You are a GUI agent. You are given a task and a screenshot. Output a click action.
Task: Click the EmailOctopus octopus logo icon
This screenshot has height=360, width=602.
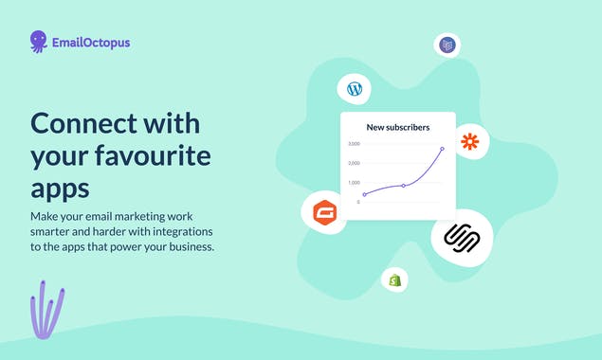click(x=39, y=41)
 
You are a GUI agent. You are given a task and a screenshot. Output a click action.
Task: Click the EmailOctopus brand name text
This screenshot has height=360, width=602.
click(x=91, y=42)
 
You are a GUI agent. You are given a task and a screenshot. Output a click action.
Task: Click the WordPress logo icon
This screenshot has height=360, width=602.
click(x=355, y=89)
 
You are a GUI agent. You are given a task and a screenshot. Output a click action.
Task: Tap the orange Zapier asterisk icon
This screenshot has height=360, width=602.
click(x=469, y=142)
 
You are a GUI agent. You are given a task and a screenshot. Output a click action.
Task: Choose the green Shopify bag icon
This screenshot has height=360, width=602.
click(x=394, y=279)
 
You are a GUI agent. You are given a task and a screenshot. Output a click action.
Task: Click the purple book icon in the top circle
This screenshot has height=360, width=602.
click(x=447, y=45)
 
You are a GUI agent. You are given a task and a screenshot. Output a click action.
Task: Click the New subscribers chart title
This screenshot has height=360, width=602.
click(x=398, y=127)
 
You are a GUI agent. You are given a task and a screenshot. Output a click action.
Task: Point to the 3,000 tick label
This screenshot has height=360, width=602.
click(x=354, y=144)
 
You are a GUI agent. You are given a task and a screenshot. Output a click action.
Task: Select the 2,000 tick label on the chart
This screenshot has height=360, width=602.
click(x=354, y=163)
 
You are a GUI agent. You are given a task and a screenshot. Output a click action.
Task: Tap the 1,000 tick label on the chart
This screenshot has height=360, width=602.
click(x=354, y=182)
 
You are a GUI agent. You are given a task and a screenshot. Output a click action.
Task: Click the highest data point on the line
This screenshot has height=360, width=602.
click(x=442, y=149)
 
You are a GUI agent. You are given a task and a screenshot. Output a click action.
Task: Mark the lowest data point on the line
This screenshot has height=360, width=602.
click(x=364, y=194)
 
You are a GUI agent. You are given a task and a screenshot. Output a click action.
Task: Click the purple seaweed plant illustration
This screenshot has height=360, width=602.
click(x=46, y=310)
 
